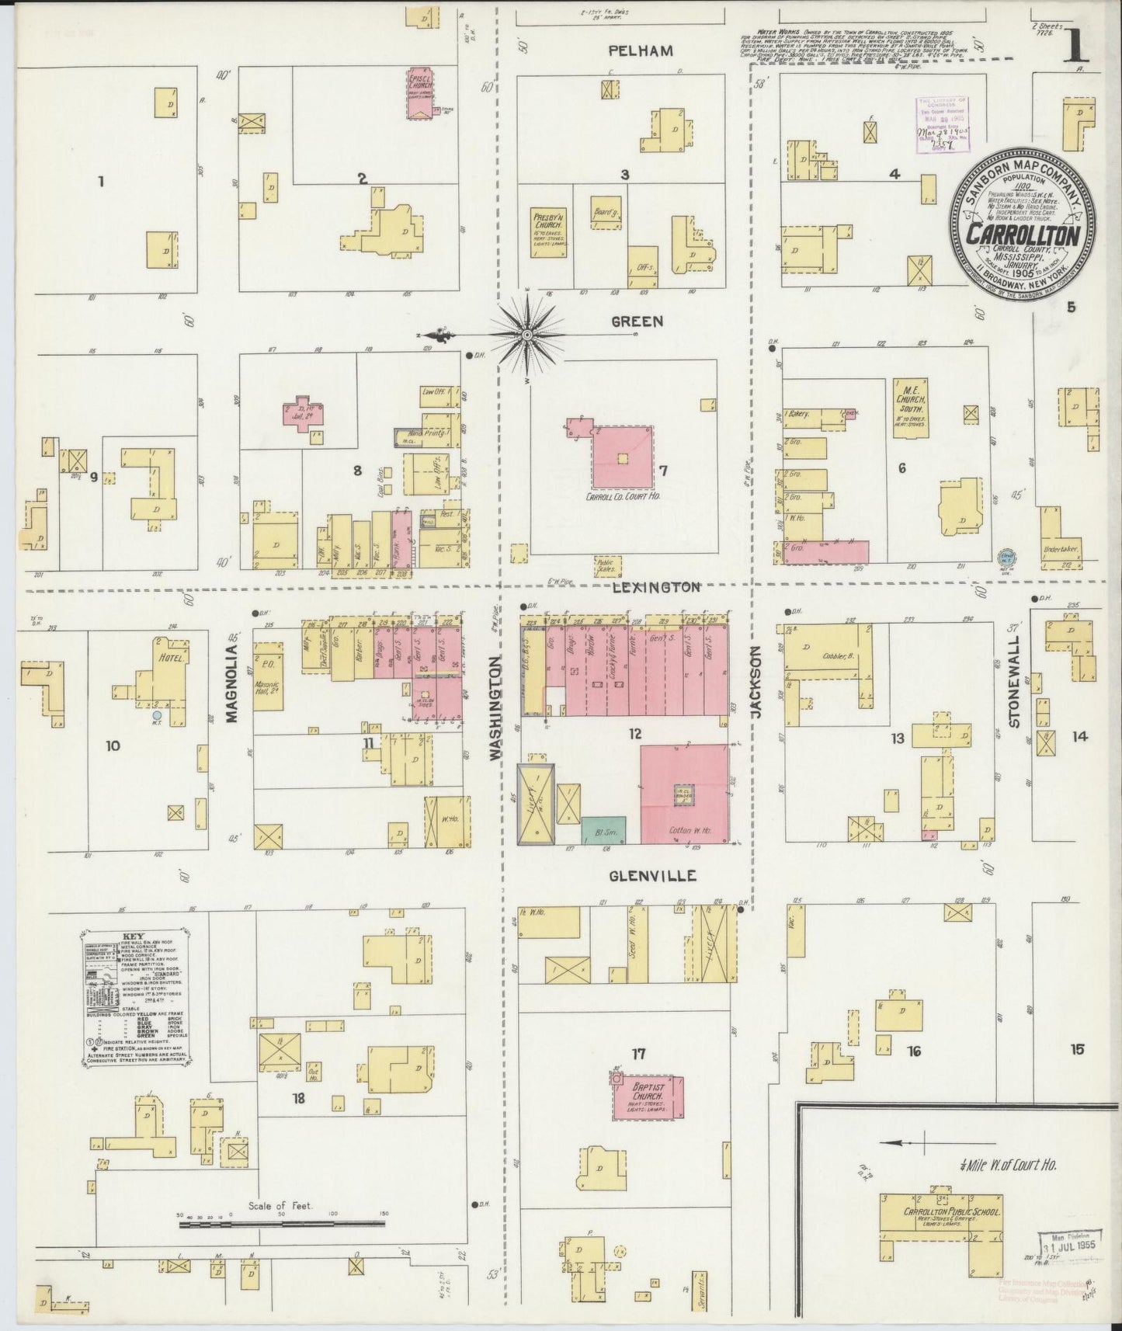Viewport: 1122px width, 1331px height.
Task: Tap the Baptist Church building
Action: pos(648,1097)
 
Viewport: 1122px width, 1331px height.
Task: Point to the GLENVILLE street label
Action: pos(652,876)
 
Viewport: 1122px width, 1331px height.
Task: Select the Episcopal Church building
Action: pos(421,96)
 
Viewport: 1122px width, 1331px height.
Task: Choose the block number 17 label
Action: pos(638,1054)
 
